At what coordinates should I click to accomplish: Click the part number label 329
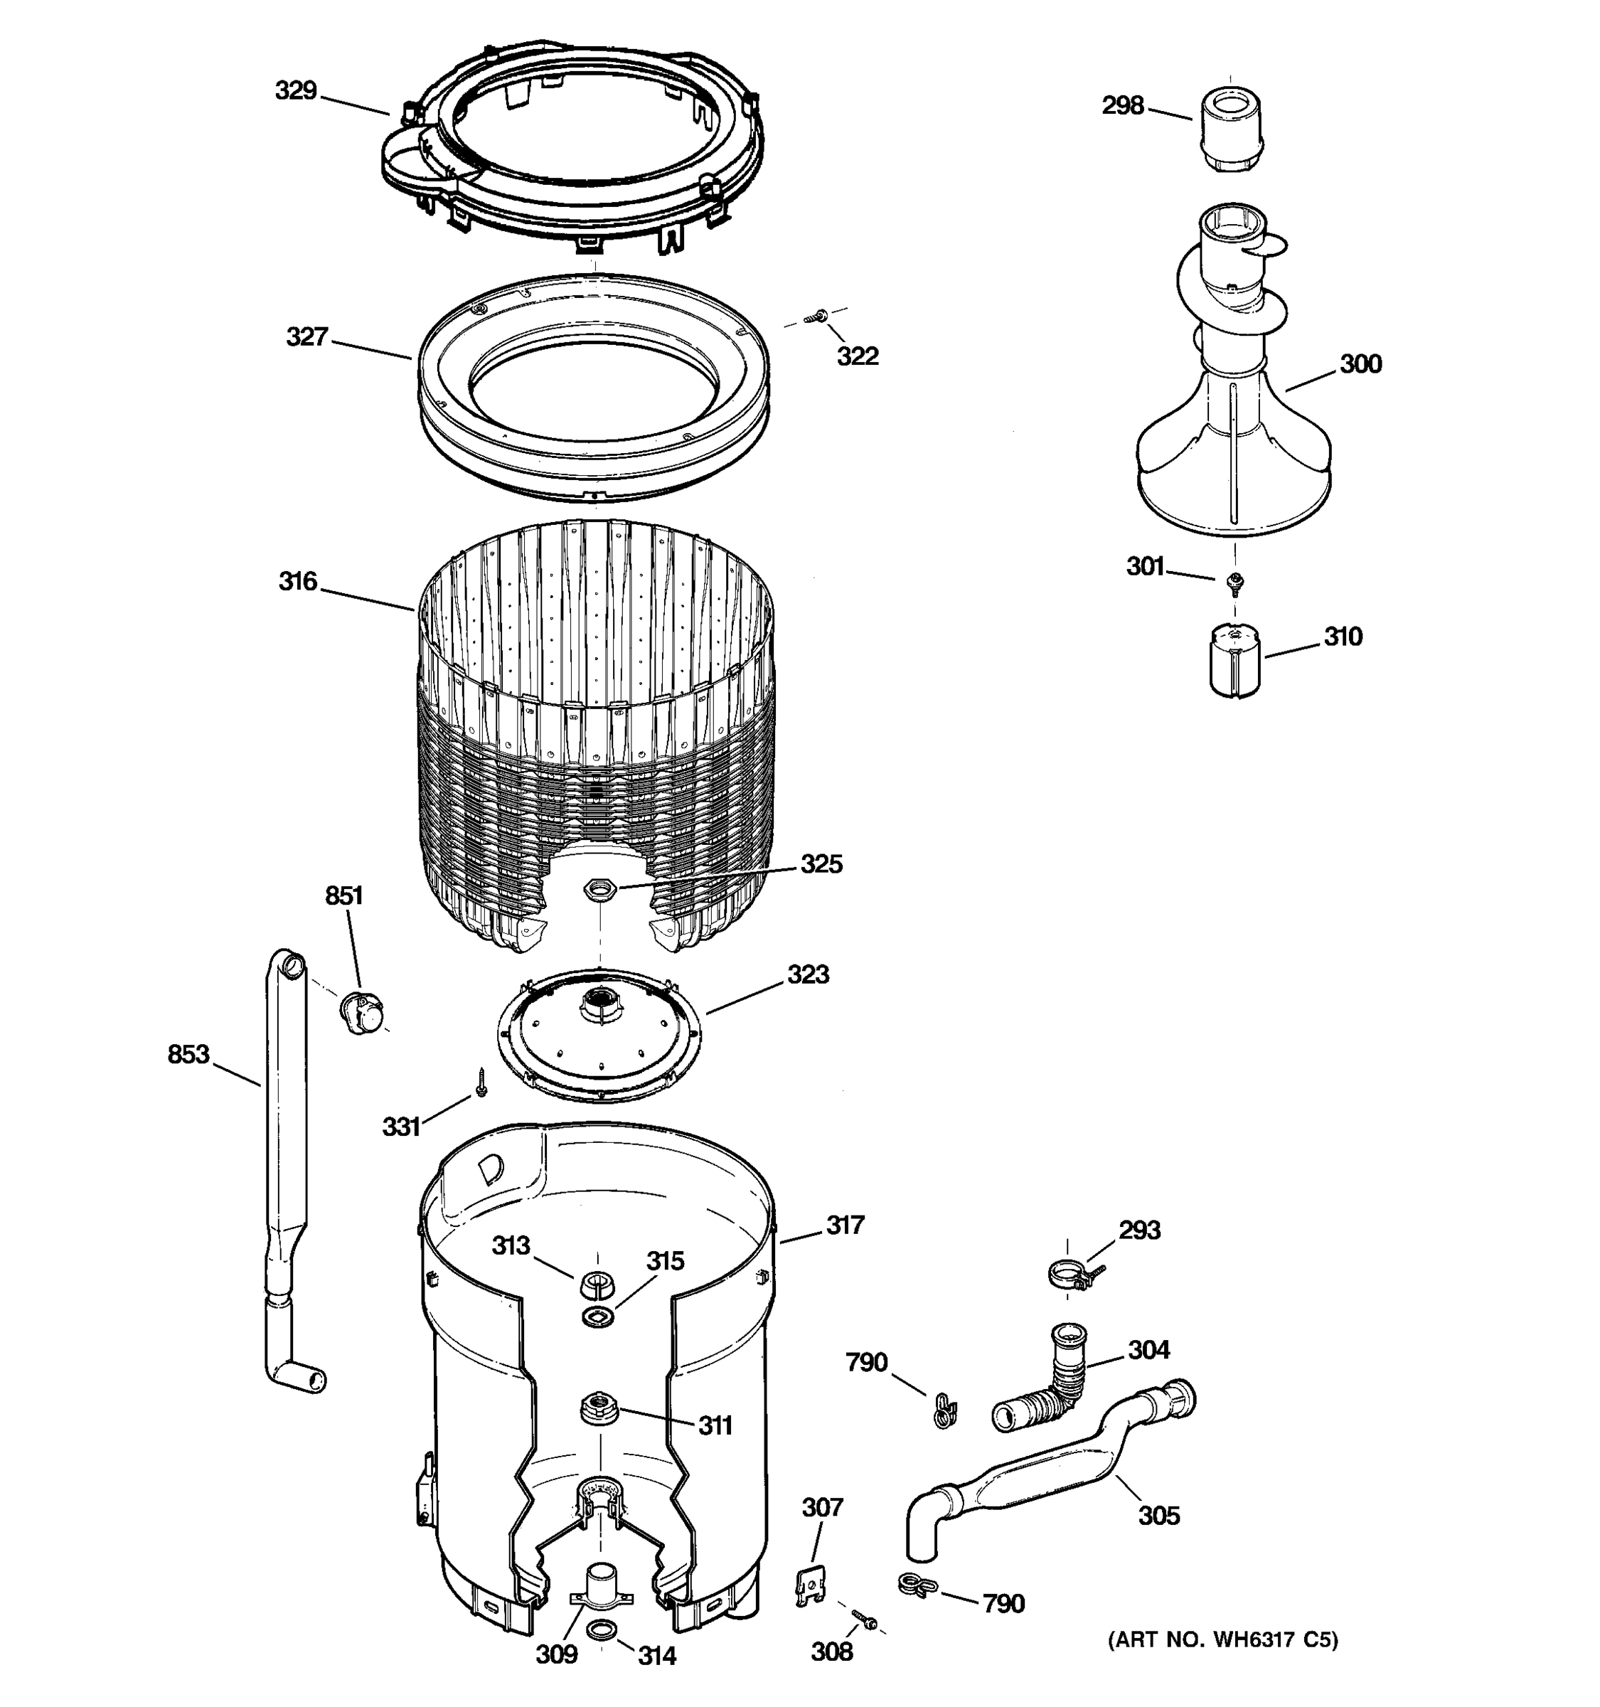click(x=296, y=90)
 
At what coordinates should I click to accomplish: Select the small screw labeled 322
click(x=817, y=319)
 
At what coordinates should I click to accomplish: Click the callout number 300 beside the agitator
click(x=1360, y=364)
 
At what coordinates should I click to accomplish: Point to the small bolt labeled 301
click(x=1236, y=584)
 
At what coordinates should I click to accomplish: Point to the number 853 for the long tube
click(x=188, y=1053)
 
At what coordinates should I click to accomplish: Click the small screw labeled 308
click(x=865, y=1620)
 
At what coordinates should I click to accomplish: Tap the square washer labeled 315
click(x=597, y=1317)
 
